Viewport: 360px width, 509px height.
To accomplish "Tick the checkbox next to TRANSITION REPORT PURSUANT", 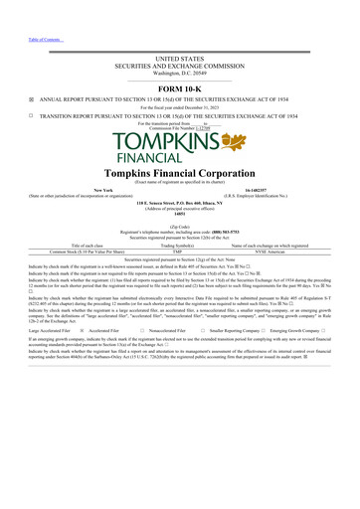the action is pyautogui.click(x=31, y=115).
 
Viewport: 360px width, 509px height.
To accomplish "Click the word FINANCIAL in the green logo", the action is pyautogui.click(x=144, y=157).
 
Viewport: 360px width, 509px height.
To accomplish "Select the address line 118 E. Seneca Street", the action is pyautogui.click(x=180, y=202).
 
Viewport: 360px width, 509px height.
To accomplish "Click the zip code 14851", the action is pyautogui.click(x=180, y=214).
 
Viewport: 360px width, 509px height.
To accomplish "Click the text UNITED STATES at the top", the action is pyautogui.click(x=180, y=60).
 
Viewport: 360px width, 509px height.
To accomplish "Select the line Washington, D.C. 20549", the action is pyautogui.click(x=180, y=74).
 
